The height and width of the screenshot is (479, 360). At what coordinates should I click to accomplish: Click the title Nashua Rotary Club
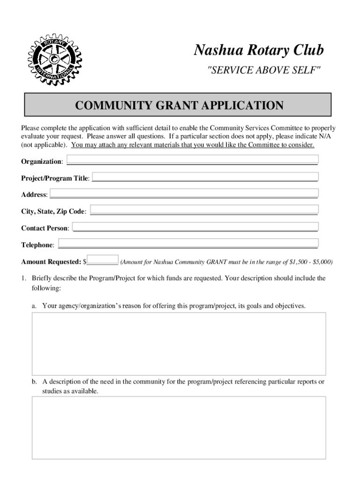259,50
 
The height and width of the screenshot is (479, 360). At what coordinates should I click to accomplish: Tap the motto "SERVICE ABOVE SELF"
264,70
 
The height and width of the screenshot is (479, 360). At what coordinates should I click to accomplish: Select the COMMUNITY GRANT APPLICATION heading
179,105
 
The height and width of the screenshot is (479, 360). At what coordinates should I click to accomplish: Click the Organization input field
192,160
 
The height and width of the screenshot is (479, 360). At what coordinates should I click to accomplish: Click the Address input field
184,193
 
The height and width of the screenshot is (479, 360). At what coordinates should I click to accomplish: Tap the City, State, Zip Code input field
204,210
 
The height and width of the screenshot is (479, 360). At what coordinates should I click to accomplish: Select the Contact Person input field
195,227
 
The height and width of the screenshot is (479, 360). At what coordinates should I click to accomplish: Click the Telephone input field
188,243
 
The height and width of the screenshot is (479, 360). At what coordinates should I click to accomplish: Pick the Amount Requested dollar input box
103,260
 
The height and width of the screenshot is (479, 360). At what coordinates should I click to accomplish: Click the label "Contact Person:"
45,228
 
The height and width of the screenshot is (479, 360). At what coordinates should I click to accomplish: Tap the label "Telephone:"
37,245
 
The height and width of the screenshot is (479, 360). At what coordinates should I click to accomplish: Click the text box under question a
179,344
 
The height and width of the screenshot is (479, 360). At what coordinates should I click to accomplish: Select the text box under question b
179,428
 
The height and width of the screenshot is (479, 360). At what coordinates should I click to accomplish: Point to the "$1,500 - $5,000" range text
310,262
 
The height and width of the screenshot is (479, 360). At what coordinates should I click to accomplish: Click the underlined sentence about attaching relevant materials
193,145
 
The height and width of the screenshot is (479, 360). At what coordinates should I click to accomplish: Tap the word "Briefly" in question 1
43,278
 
